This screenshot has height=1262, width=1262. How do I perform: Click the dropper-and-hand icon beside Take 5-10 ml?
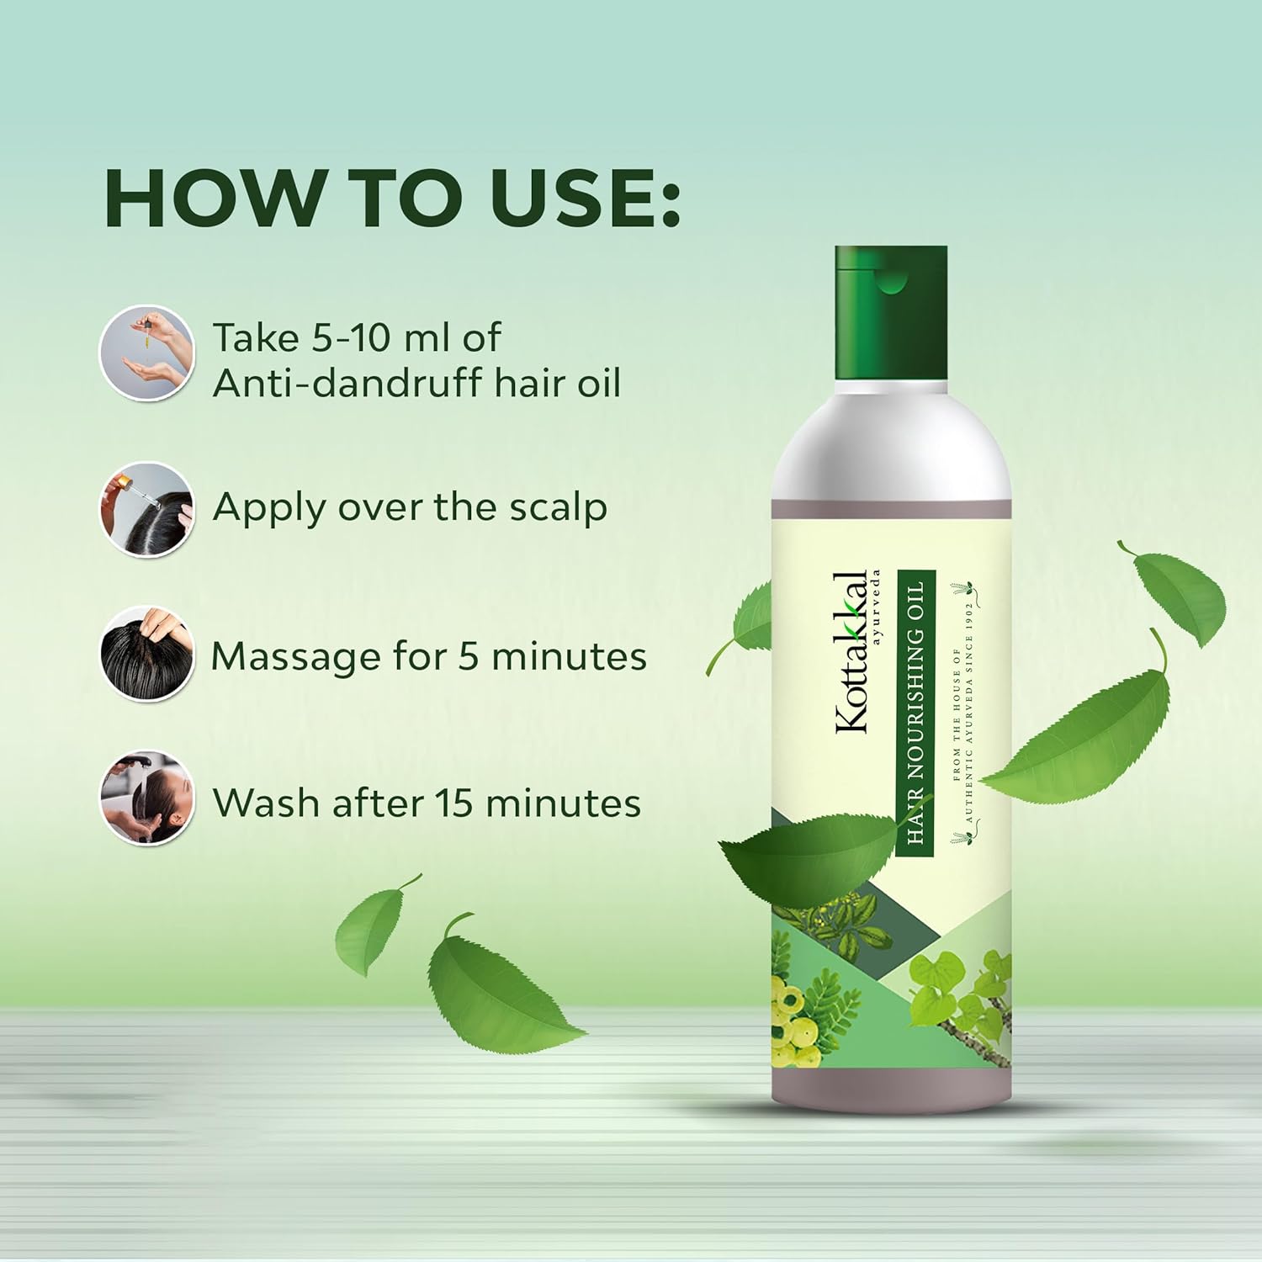[147, 353]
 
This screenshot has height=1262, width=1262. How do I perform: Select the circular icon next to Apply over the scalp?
[147, 508]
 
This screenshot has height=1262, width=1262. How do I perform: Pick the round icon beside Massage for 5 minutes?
[147, 654]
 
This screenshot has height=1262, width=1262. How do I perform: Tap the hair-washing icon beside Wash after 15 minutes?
[147, 798]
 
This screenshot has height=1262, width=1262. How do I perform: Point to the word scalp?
[560, 508]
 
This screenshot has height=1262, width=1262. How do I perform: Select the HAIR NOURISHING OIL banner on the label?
[915, 712]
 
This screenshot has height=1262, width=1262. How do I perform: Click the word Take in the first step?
[256, 338]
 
